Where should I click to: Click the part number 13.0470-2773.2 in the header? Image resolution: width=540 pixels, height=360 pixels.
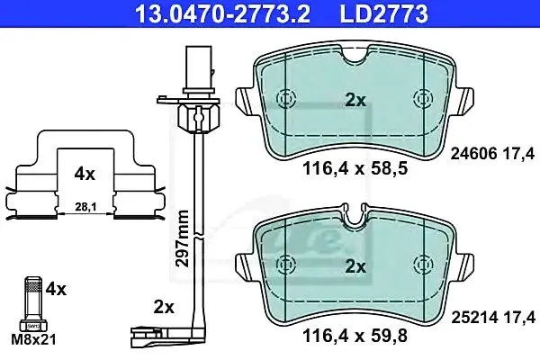[x=223, y=13]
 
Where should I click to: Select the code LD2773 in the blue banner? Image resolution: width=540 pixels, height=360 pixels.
[x=384, y=13]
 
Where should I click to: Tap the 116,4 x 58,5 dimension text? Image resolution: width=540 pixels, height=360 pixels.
[x=355, y=169]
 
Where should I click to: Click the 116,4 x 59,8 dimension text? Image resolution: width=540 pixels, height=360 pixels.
[x=355, y=335]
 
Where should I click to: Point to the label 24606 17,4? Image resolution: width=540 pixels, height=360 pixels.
[x=493, y=153]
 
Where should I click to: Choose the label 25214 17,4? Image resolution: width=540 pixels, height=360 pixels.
[x=493, y=318]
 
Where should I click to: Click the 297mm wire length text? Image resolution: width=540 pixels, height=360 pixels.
[x=182, y=238]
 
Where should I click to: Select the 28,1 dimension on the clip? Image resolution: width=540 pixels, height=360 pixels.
[x=85, y=207]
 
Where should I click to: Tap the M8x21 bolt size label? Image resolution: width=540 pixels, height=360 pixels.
[x=33, y=340]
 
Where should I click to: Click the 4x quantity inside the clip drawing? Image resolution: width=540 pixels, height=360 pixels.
[x=85, y=175]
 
